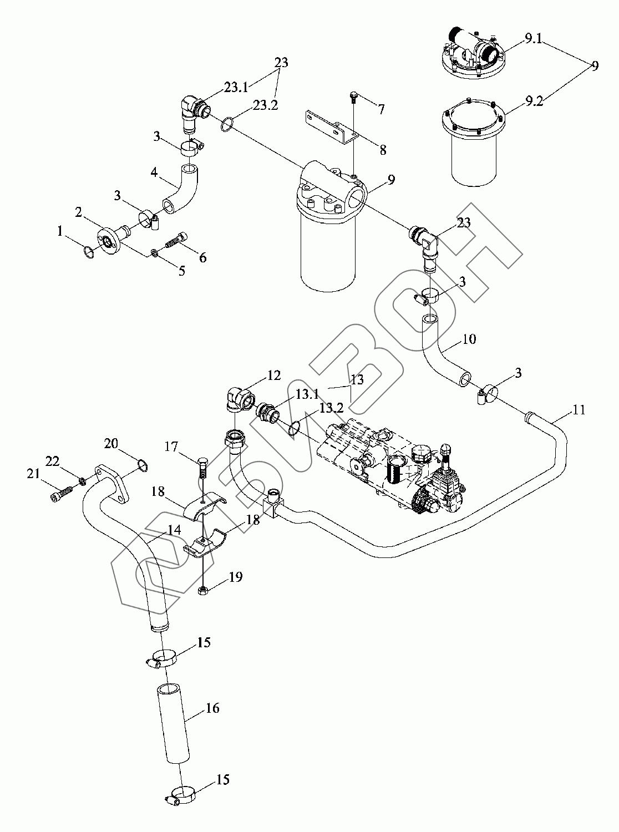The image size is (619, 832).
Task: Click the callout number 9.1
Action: coord(532,38)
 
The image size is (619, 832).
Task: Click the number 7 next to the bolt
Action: coord(381,109)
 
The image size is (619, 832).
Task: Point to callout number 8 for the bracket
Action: coord(383,150)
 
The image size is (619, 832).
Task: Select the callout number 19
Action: coord(236,577)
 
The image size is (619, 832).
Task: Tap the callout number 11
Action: coord(579,410)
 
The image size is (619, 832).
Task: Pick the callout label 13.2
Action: coord(331,408)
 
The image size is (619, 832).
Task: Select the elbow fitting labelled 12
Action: coord(240,399)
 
